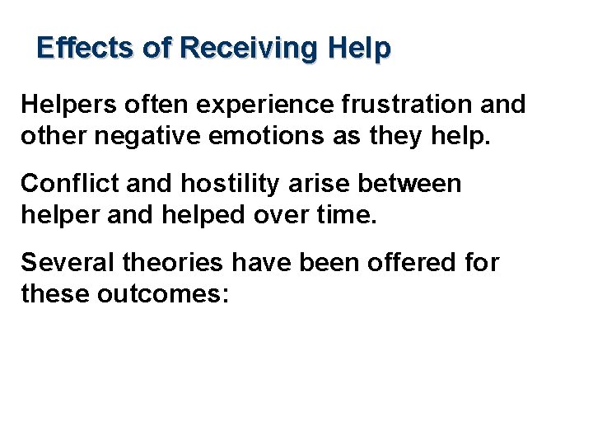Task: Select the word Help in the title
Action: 358,48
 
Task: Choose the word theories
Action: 172,263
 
